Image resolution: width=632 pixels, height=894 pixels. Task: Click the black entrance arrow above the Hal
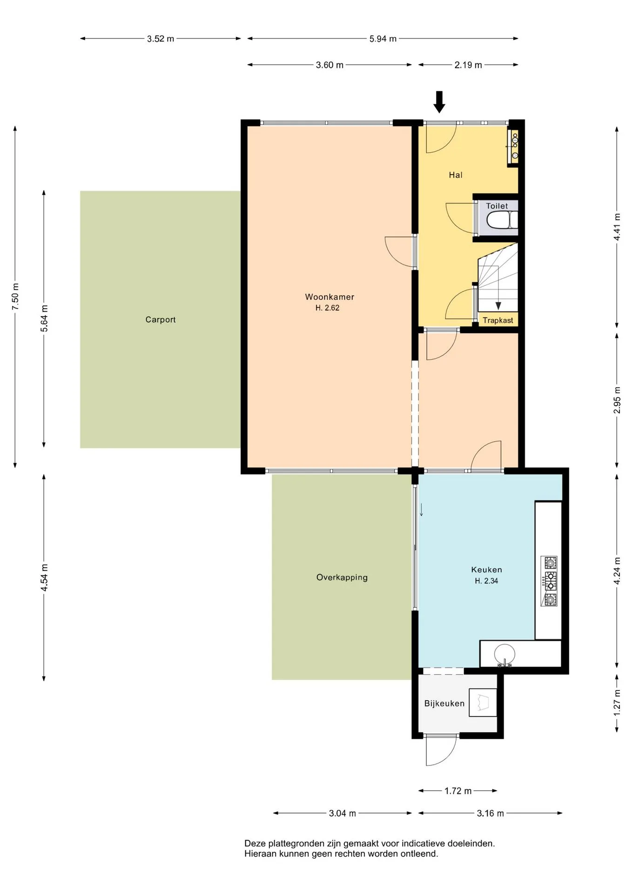pos(439,102)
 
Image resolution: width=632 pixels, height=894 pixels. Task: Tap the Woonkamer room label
pos(329,297)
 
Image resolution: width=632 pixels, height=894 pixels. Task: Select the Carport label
pos(161,319)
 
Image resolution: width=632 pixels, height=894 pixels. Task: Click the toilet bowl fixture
pos(502,220)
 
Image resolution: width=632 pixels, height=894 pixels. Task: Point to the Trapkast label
pos(498,320)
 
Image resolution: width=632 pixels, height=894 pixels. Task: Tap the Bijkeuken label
pos(444,703)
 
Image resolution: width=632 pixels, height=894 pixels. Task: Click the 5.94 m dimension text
pos(383,39)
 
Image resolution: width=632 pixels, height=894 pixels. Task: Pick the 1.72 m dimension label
pos(458,791)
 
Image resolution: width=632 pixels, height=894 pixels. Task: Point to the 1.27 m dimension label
pos(617,703)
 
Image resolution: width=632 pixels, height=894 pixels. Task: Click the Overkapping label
pos(342,577)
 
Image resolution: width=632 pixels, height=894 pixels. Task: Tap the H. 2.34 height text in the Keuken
pos(486,581)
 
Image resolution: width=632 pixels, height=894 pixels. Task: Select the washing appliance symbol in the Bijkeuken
pos(483,702)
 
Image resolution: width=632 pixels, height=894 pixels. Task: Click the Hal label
pos(456,175)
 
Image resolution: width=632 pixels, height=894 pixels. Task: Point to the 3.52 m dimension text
pos(161,39)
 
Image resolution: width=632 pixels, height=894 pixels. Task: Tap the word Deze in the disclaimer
pos(255,843)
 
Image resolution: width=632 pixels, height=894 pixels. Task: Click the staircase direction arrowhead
pos(498,306)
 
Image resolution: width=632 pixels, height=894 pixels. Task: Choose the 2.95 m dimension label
pos(617,400)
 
